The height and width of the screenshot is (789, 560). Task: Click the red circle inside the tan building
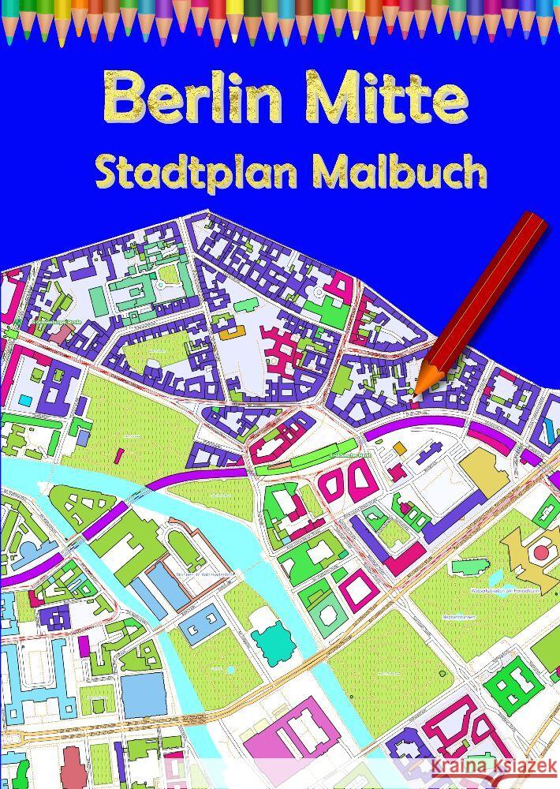pos(540,552)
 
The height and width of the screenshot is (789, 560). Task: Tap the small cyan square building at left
pos(26,400)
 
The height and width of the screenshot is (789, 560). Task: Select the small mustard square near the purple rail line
pos(400,448)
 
